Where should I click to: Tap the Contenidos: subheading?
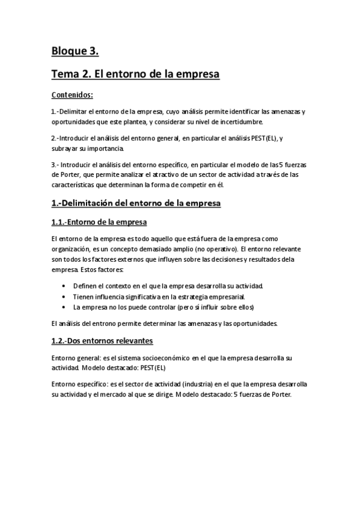[x=72, y=94]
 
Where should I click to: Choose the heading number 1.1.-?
[x=62, y=222]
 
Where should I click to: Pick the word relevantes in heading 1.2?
[x=132, y=341]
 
